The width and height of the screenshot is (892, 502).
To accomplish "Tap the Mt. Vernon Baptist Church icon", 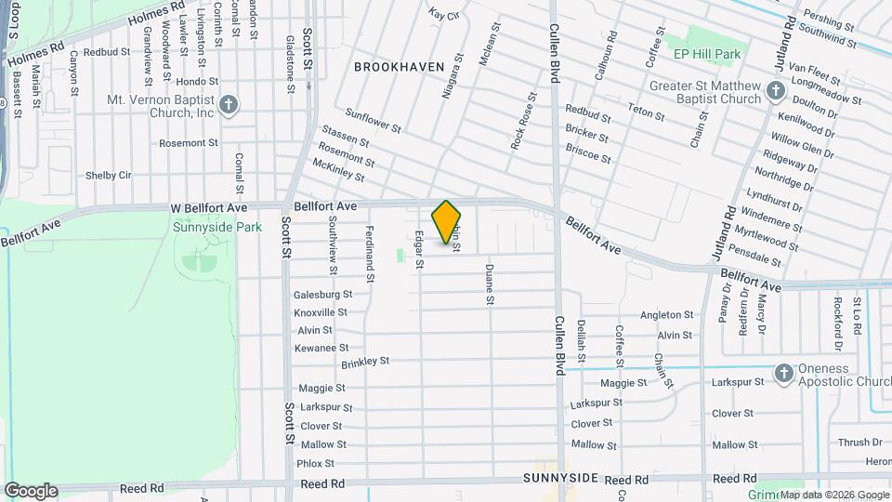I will tap(230, 103).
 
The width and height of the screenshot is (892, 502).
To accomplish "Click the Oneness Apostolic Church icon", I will tap(783, 373).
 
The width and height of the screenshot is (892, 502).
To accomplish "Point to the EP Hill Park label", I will tap(708, 54).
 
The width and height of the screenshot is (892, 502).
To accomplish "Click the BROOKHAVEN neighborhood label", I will tap(400, 67).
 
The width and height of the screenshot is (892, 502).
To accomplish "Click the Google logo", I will tap(32, 490).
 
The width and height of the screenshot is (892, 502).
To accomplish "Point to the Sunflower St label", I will tap(373, 121).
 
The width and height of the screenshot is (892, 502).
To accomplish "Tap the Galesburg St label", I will tap(322, 294).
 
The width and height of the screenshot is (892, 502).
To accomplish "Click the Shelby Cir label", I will tap(109, 175).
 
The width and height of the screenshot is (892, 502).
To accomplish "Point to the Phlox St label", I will tap(315, 463).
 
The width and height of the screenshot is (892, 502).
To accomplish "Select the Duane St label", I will tap(489, 284).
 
